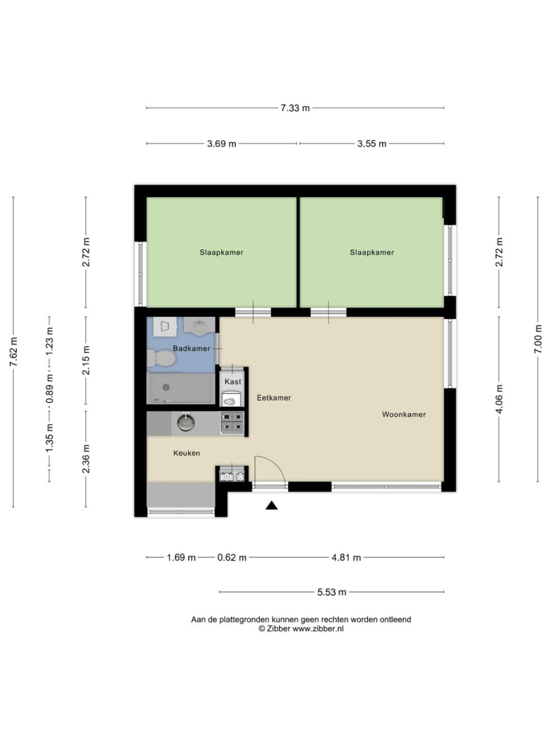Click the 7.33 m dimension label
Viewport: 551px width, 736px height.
(x=295, y=108)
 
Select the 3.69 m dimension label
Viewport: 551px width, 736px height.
(x=221, y=144)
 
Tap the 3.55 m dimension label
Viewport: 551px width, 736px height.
(x=371, y=144)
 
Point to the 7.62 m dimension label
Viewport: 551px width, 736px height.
(x=13, y=352)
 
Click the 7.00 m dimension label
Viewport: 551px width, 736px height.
(x=538, y=339)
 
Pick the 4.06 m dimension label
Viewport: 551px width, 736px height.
(x=499, y=399)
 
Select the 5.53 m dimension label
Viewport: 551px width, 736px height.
(x=332, y=592)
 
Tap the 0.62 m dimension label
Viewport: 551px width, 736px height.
(x=232, y=557)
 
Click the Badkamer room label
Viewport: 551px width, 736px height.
(x=191, y=348)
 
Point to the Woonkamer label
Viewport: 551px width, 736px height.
(x=404, y=414)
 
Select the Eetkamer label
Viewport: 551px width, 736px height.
(x=274, y=397)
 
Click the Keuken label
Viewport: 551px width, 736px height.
(x=187, y=453)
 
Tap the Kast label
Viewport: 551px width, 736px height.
(x=233, y=382)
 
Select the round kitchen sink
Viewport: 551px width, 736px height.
(x=186, y=423)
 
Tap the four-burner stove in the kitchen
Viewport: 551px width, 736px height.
(x=232, y=423)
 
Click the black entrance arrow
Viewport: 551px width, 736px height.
(x=272, y=506)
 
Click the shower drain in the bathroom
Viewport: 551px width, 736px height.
(x=166, y=387)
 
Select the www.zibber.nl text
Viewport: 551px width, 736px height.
(x=318, y=629)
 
